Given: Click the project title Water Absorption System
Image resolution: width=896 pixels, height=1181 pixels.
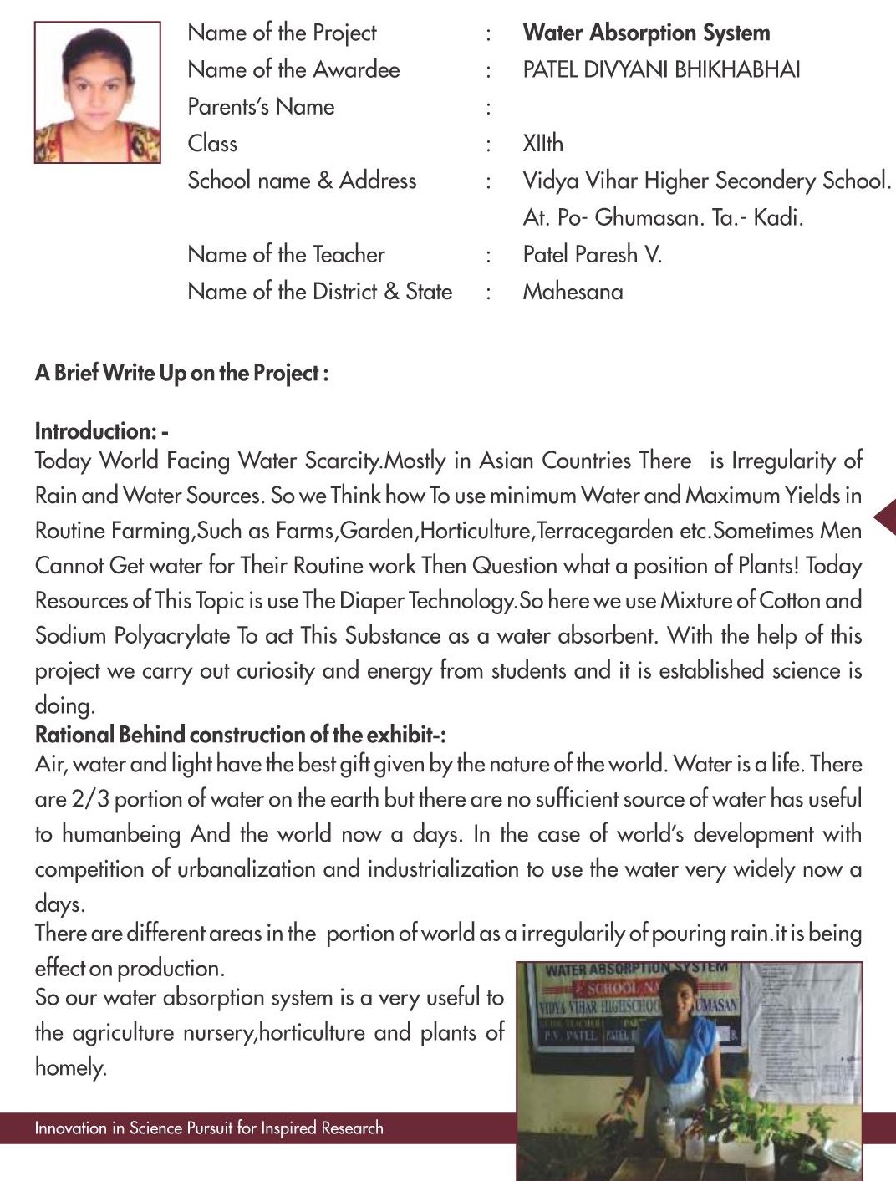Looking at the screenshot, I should click(x=646, y=33).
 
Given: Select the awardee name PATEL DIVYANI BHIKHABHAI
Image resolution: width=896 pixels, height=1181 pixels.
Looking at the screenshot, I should click(x=661, y=69).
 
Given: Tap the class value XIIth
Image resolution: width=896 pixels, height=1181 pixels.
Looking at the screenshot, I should click(x=542, y=144).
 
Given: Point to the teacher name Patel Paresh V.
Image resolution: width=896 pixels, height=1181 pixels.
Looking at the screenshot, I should click(x=592, y=254).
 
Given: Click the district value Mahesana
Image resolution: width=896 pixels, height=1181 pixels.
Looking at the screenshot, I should click(x=573, y=292).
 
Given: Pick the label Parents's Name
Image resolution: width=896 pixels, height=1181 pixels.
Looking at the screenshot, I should click(x=261, y=107).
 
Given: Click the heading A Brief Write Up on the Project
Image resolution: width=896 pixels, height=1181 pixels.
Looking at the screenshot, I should click(x=181, y=373).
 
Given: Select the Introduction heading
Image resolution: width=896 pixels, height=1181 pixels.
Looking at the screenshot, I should click(x=101, y=431).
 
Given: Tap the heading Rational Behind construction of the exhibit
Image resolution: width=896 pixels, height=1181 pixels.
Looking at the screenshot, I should click(x=240, y=735).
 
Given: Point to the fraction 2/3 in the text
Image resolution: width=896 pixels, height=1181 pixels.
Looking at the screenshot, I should click(x=90, y=799).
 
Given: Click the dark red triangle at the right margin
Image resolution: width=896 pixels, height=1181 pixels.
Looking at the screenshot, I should click(x=885, y=517).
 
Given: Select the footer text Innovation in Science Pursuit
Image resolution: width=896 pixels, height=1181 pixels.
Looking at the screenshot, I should click(x=209, y=1128).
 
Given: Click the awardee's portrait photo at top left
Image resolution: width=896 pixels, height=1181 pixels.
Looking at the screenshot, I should click(x=97, y=92).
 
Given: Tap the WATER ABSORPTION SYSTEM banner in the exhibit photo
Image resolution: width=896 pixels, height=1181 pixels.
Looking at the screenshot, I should click(x=635, y=970).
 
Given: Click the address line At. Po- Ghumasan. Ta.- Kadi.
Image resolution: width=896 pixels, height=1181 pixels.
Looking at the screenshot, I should click(x=663, y=218).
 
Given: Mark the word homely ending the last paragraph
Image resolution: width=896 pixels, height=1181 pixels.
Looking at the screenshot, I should click(x=70, y=1067).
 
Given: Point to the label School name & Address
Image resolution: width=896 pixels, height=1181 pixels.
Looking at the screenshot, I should click(x=302, y=181).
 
